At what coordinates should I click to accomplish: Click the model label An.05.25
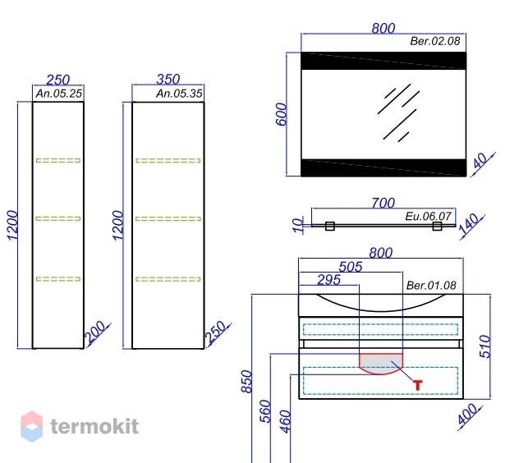(x=58, y=94)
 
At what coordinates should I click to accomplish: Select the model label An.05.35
(x=179, y=94)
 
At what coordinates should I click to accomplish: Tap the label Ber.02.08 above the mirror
(x=435, y=41)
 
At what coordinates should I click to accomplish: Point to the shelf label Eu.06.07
(x=428, y=217)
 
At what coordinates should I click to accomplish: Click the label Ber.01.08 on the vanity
(x=431, y=286)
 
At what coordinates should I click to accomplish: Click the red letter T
(x=418, y=385)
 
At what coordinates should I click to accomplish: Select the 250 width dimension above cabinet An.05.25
(x=58, y=80)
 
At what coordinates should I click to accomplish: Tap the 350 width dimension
(x=168, y=79)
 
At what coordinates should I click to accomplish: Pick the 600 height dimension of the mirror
(x=281, y=114)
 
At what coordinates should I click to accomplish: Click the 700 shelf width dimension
(x=383, y=203)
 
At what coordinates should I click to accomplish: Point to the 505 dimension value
(x=351, y=267)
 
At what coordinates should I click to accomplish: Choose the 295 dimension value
(x=328, y=280)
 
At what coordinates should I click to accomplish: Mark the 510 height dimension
(x=485, y=346)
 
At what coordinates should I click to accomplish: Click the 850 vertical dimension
(x=246, y=381)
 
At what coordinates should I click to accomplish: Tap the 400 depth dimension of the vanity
(x=467, y=414)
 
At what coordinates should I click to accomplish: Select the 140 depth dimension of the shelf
(x=469, y=224)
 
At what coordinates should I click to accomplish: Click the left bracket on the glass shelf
(x=329, y=226)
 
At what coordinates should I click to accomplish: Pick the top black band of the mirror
(x=384, y=61)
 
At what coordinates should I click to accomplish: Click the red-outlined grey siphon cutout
(x=381, y=364)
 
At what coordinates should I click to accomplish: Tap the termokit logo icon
(x=32, y=426)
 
